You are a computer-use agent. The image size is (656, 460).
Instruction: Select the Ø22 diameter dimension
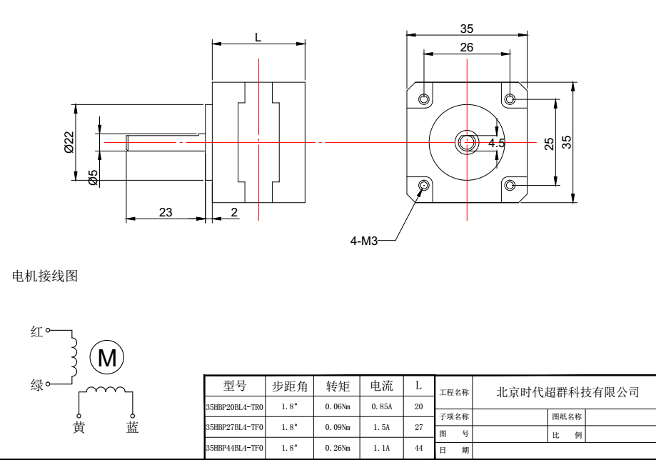click(69, 144)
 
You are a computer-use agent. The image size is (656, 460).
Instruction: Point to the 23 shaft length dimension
click(166, 212)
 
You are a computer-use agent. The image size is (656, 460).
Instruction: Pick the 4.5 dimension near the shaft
click(497, 143)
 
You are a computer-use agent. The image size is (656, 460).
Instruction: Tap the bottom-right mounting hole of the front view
click(509, 186)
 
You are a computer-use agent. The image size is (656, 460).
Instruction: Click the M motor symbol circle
click(107, 357)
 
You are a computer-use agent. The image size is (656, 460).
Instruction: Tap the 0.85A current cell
click(380, 406)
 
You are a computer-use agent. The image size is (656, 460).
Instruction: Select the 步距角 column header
click(290, 386)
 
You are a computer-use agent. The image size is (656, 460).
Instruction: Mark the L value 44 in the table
click(418, 447)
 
